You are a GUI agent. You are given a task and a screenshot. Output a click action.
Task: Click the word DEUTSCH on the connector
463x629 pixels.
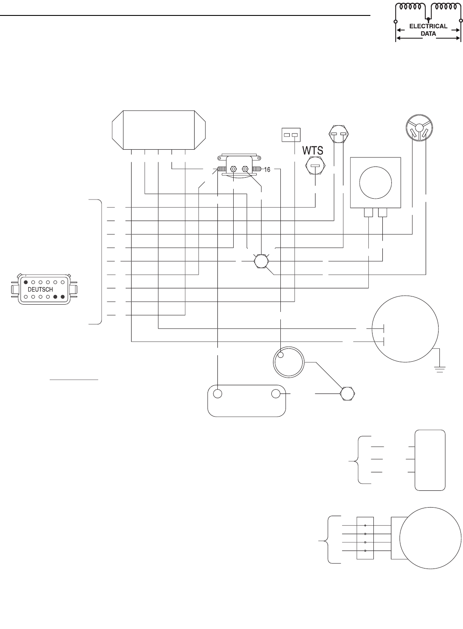[40, 290]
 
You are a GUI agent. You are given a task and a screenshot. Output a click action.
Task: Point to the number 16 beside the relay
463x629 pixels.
[266, 169]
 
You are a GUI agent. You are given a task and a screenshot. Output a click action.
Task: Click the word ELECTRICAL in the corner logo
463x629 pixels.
[428, 26]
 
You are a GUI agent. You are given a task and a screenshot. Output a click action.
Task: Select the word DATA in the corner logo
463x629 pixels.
[428, 33]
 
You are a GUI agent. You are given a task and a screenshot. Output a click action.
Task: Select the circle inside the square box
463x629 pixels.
[376, 181]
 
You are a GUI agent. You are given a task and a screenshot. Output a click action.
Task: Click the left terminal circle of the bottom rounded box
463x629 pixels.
[218, 394]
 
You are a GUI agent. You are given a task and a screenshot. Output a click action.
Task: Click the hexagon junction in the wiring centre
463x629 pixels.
[261, 261]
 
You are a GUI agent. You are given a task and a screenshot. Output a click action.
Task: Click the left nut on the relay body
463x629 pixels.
[233, 169]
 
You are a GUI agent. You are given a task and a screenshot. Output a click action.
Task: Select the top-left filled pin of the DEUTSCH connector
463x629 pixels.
[26, 282]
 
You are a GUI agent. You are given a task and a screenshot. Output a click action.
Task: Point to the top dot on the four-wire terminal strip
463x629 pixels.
[365, 526]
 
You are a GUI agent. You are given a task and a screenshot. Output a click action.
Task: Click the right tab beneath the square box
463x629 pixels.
[382, 212]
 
